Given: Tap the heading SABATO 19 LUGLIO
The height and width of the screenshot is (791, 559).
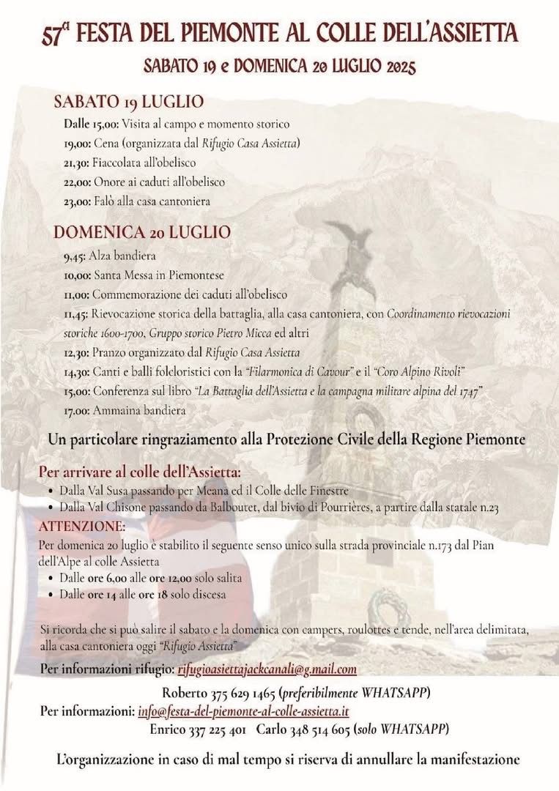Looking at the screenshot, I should (x=128, y=101).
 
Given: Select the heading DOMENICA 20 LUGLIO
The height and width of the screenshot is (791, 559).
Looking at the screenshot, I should (x=142, y=233).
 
